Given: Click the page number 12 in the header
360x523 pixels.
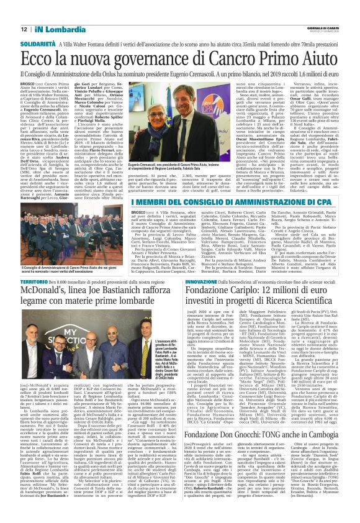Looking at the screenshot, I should click(x=24, y=29).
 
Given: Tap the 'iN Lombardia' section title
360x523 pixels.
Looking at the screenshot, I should click(x=56, y=29).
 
